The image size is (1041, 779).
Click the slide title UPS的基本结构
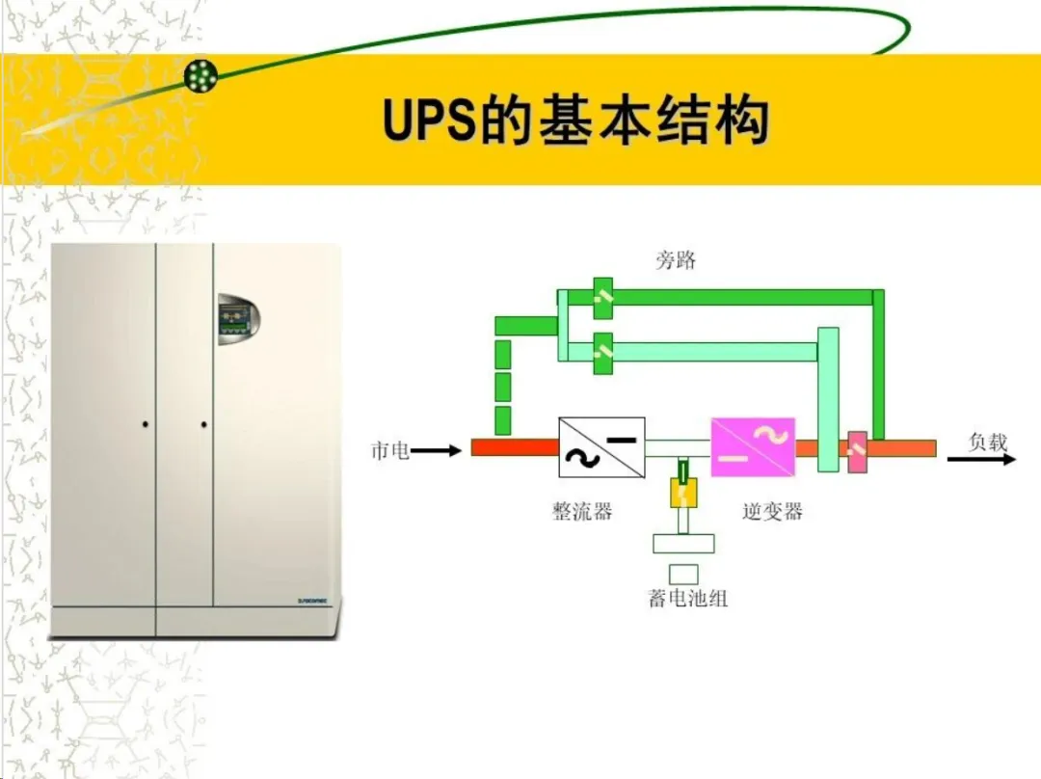[x=575, y=122]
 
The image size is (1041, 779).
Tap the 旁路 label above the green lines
[x=676, y=260]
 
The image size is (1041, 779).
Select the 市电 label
[x=390, y=450]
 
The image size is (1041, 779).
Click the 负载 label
[x=987, y=443]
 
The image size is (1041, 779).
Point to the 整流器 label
[x=582, y=511]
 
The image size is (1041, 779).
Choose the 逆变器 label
[x=772, y=511]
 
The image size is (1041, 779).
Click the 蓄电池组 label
[x=687, y=599]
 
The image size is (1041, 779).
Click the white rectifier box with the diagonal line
[x=601, y=447]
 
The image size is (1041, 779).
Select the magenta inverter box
[x=753, y=447]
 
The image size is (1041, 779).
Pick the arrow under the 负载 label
[x=981, y=460]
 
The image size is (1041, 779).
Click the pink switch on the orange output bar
[x=856, y=451]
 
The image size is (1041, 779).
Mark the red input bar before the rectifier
[x=515, y=448]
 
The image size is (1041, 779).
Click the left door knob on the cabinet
[x=145, y=423]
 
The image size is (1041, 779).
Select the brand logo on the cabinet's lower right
[x=314, y=601]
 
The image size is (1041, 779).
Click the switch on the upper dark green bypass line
[x=603, y=297]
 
